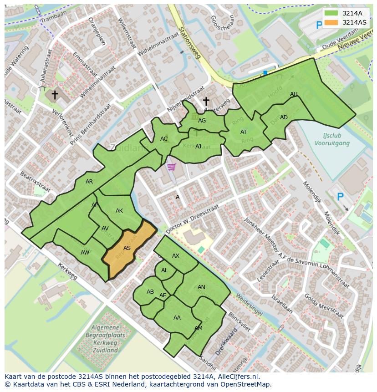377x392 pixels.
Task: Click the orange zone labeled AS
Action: tap(127, 248)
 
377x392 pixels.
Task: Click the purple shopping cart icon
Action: tap(171, 167)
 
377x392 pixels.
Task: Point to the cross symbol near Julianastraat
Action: tap(55, 95)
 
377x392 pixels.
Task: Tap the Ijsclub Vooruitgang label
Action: tap(332, 139)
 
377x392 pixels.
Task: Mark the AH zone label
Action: tap(294, 94)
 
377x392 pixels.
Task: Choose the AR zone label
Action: tap(89, 182)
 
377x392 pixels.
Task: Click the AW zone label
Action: tap(85, 253)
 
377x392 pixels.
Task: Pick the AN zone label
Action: tap(201, 287)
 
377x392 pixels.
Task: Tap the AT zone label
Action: tap(244, 132)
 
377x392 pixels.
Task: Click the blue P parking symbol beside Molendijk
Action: tap(340, 197)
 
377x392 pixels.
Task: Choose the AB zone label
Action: tap(150, 292)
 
